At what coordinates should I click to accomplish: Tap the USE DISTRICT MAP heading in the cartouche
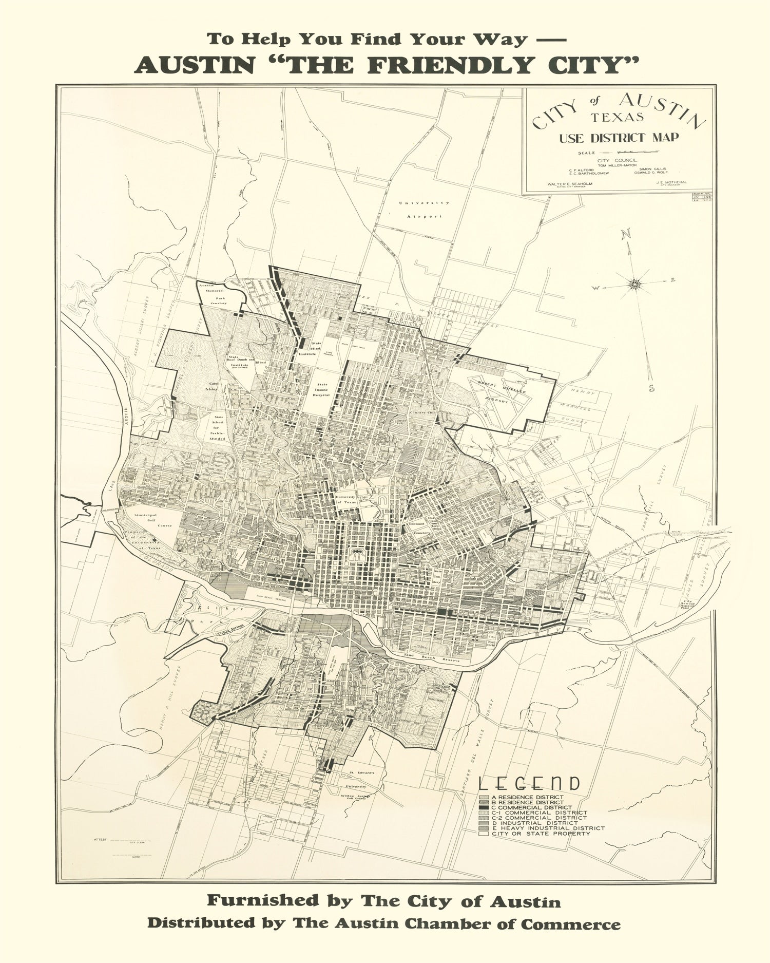[619, 138]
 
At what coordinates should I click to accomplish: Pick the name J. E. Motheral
[671, 182]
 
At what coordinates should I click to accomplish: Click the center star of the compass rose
[636, 282]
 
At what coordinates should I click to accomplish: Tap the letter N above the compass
[626, 235]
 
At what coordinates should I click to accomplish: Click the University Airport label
[424, 210]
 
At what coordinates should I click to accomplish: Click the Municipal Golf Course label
[145, 520]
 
